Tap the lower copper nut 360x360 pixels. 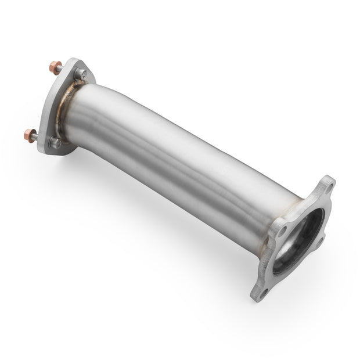pyautogui.click(x=28, y=136)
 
